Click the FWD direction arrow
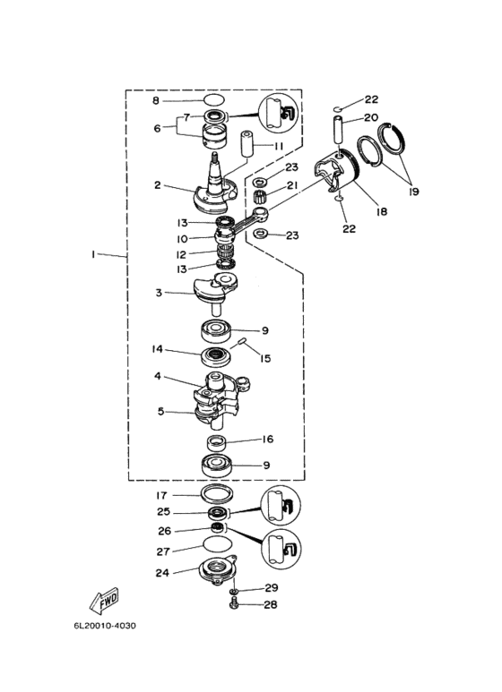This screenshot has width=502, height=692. [104, 601]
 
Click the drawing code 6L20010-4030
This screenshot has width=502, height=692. [105, 626]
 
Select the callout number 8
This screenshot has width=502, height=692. [156, 101]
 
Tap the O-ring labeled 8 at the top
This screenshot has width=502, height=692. [215, 100]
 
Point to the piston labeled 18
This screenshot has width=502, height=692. [337, 171]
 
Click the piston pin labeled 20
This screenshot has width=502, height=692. [339, 129]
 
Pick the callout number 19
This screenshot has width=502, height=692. [414, 192]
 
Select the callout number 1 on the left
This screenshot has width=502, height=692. [93, 254]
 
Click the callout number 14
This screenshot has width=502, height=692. [157, 349]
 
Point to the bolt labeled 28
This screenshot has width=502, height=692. [234, 604]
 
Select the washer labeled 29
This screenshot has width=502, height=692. [234, 591]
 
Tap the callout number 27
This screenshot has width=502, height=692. [163, 551]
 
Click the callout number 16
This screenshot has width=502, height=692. [268, 440]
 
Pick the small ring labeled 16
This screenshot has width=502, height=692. [217, 441]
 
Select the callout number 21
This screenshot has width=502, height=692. [292, 185]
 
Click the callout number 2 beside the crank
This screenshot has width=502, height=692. [158, 185]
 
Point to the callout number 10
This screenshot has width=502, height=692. [182, 239]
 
